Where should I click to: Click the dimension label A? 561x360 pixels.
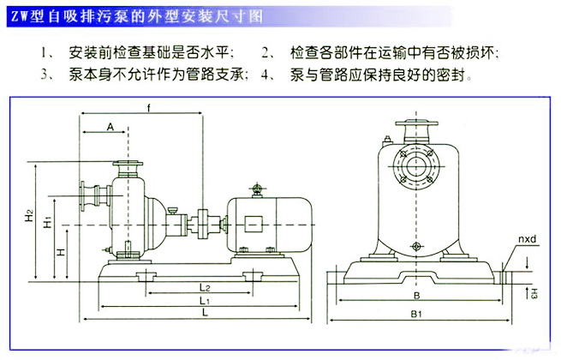110,126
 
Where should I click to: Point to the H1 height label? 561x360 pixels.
49,222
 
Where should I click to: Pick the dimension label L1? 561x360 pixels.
204,302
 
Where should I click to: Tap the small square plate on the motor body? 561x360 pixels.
255,225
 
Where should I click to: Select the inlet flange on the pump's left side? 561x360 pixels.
86,199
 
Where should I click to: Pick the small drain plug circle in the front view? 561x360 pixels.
417,247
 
